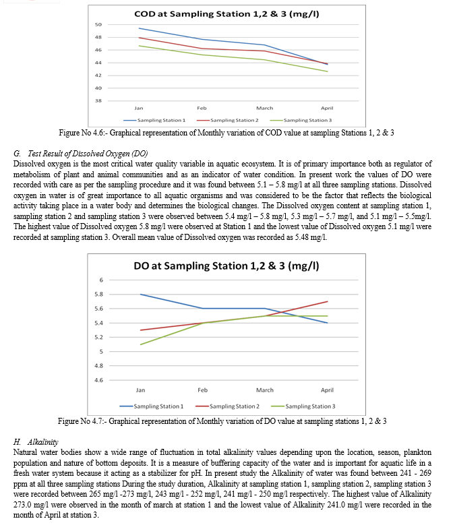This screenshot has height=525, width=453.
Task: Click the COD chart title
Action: pos(227,14)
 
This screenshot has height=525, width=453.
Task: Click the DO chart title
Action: pos(227,266)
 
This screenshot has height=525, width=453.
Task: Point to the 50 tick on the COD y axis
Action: pos(98,24)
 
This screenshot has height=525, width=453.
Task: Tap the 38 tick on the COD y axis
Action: pos(98,100)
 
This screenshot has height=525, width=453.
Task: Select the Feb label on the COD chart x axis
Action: pos(202,108)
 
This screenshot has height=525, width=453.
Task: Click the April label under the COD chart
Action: pos(327,108)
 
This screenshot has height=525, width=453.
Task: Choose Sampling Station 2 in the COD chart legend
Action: pos(235,120)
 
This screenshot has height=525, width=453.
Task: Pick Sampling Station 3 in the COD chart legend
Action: pos(307,120)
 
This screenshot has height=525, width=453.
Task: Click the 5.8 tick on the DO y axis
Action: pos(99,295)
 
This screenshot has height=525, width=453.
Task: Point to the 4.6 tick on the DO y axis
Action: pos(99,380)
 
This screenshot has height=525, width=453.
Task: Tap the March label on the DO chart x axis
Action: pos(265,390)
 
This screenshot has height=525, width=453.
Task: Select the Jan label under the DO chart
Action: pos(140,390)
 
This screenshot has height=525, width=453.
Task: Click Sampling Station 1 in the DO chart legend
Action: pos(158,406)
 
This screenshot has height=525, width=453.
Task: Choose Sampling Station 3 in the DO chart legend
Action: pos(310,406)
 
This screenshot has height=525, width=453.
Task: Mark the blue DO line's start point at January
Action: pos(140,295)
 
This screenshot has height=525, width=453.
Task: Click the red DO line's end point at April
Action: pos(327,301)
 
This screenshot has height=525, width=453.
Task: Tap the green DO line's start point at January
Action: pos(140,344)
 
